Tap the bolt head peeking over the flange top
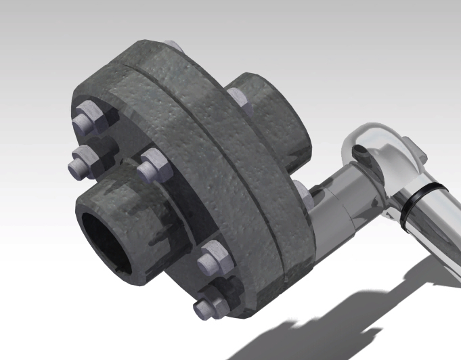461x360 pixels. tap(173, 45)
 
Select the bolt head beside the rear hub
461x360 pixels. tap(238, 97)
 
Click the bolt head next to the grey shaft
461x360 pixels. tap(303, 192)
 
